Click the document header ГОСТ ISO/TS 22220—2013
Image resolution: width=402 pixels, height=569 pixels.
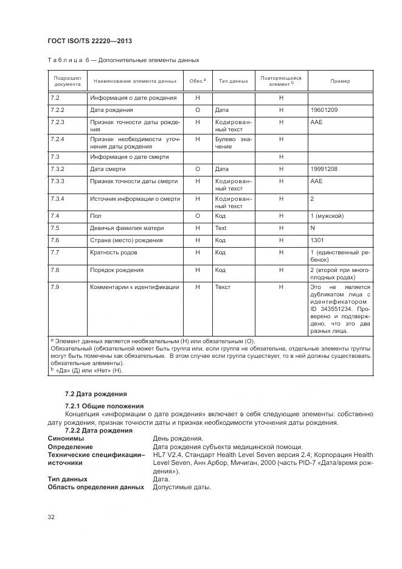(89, 41)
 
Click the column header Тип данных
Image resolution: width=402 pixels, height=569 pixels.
(233, 81)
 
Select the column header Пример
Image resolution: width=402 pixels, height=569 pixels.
(339, 81)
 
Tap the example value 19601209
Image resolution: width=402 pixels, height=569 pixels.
(324, 111)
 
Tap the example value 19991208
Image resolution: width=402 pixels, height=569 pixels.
(324, 169)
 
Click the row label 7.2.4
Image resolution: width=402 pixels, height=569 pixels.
(58, 139)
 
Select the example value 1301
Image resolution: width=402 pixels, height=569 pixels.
(317, 240)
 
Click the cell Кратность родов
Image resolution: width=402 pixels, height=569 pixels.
(116, 252)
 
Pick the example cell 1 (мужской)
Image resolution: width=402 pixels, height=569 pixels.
(327, 215)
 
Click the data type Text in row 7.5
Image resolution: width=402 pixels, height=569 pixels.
(221, 228)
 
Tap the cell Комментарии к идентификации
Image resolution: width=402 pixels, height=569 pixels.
(134, 287)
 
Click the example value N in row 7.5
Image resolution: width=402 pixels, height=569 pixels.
(313, 228)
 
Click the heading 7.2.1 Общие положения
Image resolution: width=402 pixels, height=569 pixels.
(104, 405)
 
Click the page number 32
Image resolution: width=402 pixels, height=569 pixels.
(52, 517)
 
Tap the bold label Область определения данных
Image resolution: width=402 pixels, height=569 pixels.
(95, 487)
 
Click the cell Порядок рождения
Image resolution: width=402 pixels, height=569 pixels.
(117, 270)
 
